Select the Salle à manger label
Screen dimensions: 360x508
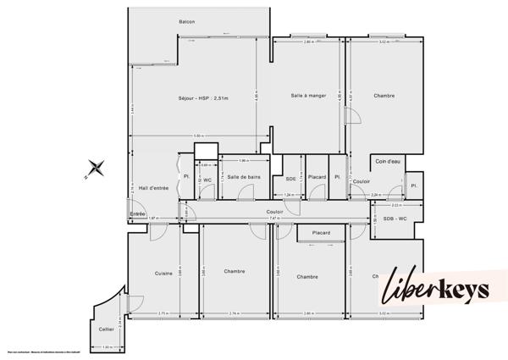[x=308, y=96]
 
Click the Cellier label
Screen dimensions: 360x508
[x=106, y=329]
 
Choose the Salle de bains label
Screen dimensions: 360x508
[x=244, y=176]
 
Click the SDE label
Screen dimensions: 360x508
[x=290, y=178]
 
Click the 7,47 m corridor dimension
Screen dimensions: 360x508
[x=273, y=219]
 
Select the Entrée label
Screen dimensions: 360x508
[x=137, y=213]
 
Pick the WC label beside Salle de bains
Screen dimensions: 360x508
[x=207, y=179]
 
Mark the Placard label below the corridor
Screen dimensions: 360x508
[x=321, y=232]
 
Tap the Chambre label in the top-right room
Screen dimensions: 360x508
[x=384, y=96]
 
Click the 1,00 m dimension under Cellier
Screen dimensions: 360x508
[x=107, y=347]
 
